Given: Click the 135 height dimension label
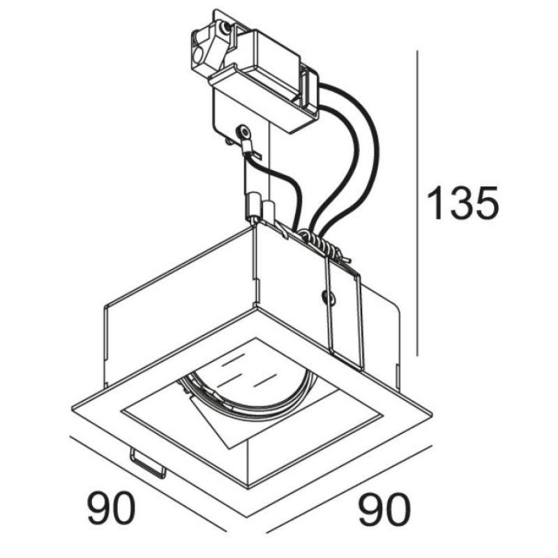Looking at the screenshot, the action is pyautogui.click(x=462, y=203).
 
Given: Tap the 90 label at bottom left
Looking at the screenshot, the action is pyautogui.click(x=112, y=508).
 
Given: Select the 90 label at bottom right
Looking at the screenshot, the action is pyautogui.click(x=384, y=510).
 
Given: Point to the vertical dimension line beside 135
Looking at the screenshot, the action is pyautogui.click(x=417, y=203).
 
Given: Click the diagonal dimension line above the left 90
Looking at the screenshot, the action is pyautogui.click(x=148, y=483).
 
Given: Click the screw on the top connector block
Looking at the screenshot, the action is pyautogui.click(x=224, y=27).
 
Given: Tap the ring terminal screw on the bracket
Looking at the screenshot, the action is pyautogui.click(x=243, y=133).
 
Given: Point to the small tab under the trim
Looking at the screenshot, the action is pyautogui.click(x=148, y=462).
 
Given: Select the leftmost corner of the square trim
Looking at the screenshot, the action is pyautogui.click(x=72, y=409).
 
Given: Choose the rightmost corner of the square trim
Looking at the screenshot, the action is pyautogui.click(x=432, y=414).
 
